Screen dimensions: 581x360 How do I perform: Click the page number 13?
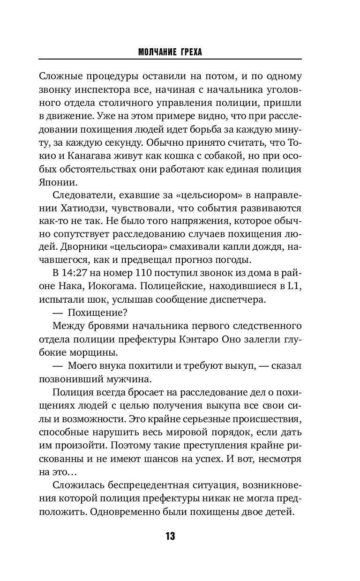pyautogui.click(x=170, y=536)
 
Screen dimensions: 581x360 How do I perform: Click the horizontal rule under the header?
pyautogui.click(x=170, y=60)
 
